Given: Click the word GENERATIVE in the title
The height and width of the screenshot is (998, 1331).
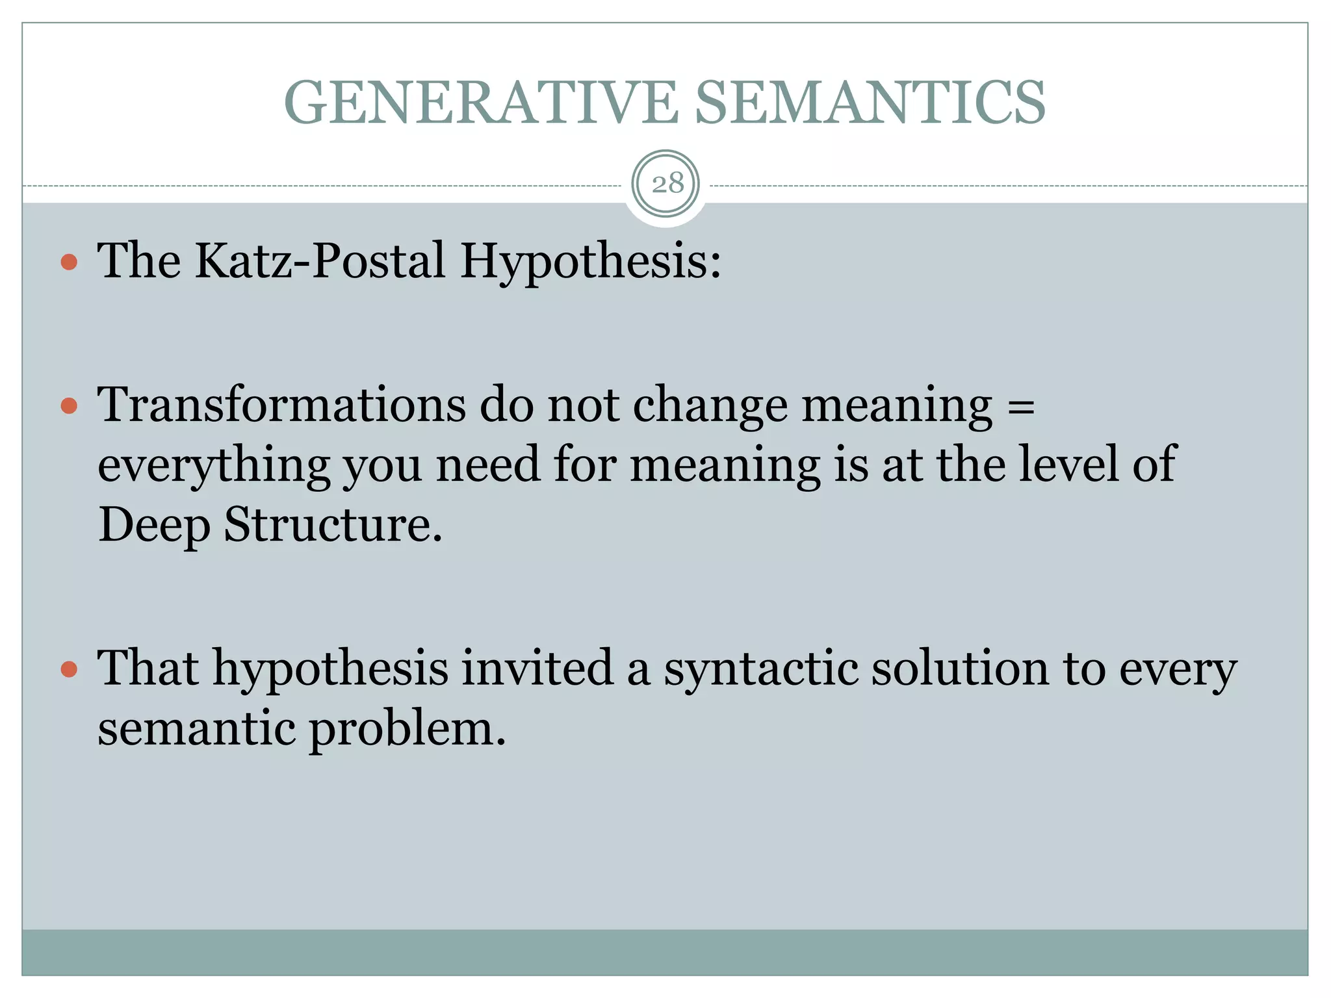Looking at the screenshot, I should click(x=481, y=103).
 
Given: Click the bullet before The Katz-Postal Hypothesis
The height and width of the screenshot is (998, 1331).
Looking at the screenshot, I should click(x=69, y=262).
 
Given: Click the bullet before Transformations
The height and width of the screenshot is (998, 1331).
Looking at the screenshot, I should click(x=69, y=407).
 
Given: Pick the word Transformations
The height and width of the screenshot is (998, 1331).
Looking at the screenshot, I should click(x=281, y=405).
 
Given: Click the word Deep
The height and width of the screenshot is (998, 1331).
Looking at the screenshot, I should click(x=154, y=526).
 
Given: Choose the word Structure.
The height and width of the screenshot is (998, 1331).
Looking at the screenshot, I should click(x=333, y=524).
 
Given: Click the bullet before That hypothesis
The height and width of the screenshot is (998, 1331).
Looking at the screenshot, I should click(x=69, y=669).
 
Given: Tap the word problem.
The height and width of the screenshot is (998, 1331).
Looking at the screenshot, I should click(x=406, y=730).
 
